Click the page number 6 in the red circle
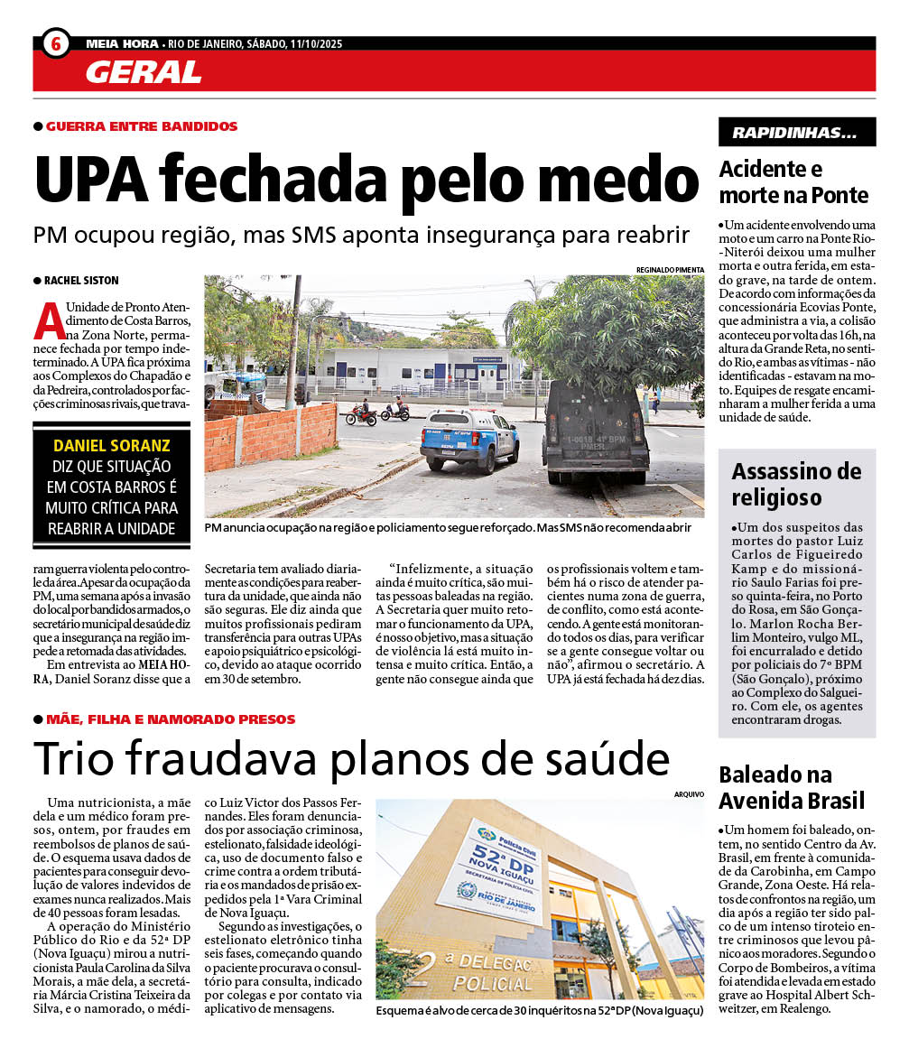click(56, 43)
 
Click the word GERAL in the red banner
click(144, 71)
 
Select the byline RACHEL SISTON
click(81, 281)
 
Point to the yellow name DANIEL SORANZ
click(112, 446)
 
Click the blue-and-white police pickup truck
click(468, 437)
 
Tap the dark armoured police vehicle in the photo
click(595, 431)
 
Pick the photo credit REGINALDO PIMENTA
click(670, 269)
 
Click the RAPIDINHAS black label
click(796, 133)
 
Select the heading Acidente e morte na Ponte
click(793, 181)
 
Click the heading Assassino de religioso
click(796, 484)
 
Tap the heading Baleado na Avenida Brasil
click(792, 787)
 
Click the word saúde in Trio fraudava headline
click(595, 759)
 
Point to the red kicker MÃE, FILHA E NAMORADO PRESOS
click(171, 719)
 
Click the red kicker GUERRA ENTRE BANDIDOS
click(142, 126)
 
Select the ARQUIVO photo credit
click(688, 793)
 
